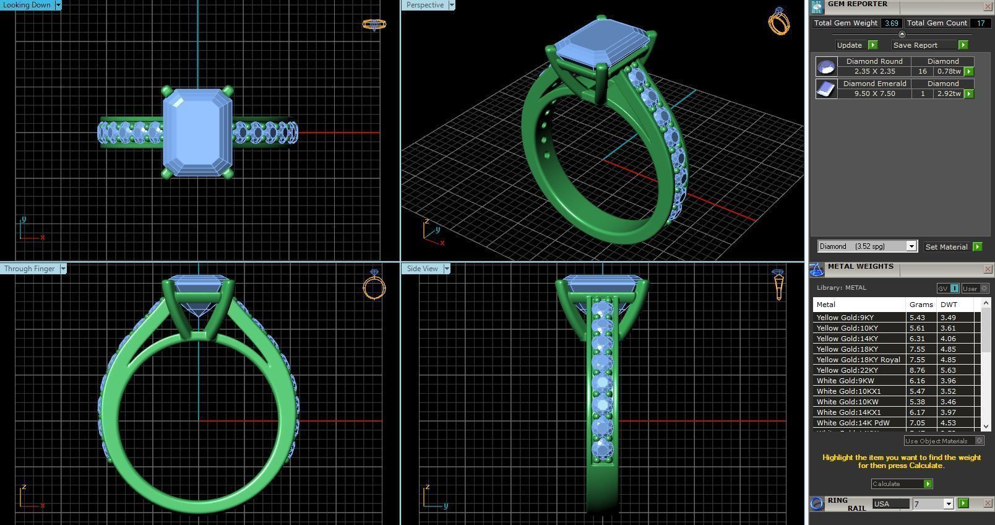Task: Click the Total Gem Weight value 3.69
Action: click(891, 23)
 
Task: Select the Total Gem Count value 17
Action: click(980, 23)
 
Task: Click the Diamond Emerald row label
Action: click(874, 84)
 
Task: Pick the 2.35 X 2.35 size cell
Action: click(874, 71)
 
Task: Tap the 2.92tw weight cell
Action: click(948, 93)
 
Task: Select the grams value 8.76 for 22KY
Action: click(917, 370)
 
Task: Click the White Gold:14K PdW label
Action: click(853, 423)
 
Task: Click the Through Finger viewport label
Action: click(29, 269)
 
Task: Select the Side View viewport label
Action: click(423, 269)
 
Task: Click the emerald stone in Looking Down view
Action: click(197, 132)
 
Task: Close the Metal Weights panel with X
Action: click(988, 269)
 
